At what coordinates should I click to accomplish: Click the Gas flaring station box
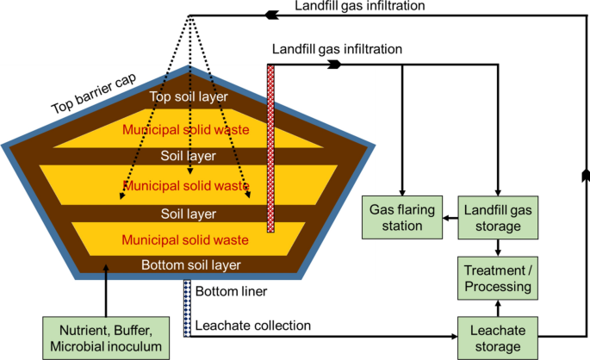(401, 217)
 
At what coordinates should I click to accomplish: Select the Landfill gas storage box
(496, 217)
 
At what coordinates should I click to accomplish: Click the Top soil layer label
(187, 96)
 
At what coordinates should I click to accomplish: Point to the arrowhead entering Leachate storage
(455, 335)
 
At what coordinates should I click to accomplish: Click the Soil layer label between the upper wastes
(187, 157)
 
